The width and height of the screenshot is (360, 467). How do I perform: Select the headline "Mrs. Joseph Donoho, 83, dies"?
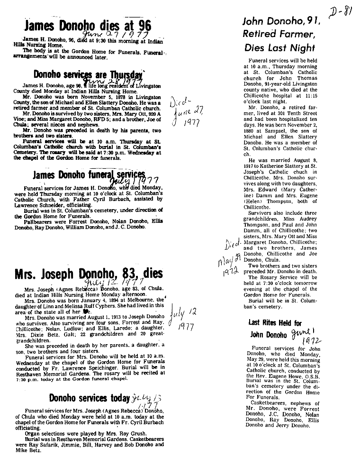click(89, 274)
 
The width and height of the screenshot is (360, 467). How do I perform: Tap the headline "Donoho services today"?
click(89, 398)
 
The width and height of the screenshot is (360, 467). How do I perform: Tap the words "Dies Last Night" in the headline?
click(279, 48)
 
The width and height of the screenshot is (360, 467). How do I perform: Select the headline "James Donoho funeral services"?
click(89, 175)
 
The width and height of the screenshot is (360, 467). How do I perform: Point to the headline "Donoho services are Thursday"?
click(88, 75)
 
